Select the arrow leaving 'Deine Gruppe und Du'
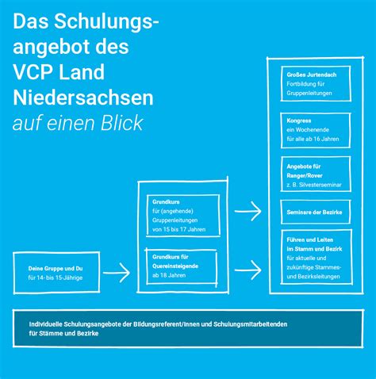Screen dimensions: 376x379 (117, 273)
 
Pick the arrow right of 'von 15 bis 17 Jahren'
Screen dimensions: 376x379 (248, 211)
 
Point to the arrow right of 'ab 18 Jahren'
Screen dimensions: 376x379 (248, 270)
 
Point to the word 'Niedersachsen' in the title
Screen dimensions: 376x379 (83, 98)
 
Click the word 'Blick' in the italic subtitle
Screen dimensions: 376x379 (121, 124)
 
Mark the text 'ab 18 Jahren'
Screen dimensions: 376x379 (169, 275)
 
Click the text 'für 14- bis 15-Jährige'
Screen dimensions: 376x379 (56, 278)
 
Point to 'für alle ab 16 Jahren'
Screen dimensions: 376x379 (313, 139)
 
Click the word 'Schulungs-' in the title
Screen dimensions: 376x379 (106, 22)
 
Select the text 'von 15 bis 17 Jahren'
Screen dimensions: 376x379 (178, 229)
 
